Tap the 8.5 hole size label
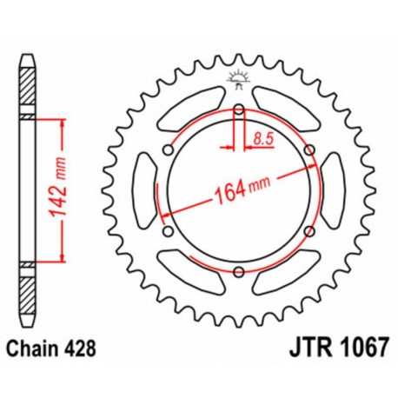click(x=262, y=136)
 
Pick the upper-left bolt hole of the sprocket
click(x=168, y=149)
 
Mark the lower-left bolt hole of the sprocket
click(x=168, y=232)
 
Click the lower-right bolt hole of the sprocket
click(x=310, y=232)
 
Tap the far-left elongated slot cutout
click(x=145, y=190)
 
